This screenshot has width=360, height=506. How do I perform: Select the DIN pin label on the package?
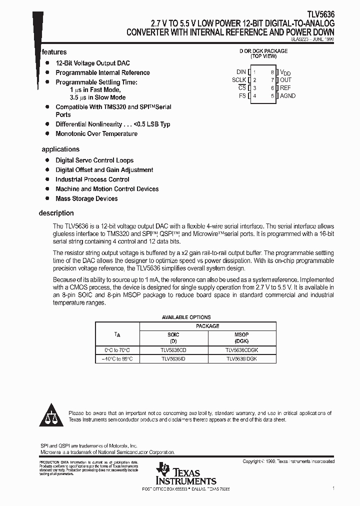(x=241, y=72)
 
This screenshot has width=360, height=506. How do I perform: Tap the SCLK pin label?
(x=239, y=80)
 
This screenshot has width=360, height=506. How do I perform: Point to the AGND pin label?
(x=287, y=95)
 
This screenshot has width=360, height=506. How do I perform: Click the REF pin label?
(x=285, y=87)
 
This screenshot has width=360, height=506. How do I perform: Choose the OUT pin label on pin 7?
(x=285, y=80)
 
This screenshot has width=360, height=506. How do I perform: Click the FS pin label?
(x=242, y=95)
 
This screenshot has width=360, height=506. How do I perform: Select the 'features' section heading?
(x=54, y=52)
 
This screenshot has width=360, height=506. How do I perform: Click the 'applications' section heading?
(x=60, y=149)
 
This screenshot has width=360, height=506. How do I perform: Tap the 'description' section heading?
(x=56, y=213)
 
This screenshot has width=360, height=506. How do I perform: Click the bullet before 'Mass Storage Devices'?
(x=47, y=198)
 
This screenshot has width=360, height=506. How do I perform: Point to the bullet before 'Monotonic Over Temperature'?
(x=47, y=133)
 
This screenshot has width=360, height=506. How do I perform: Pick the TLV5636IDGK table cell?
(x=242, y=359)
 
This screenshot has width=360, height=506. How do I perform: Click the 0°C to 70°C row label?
(x=117, y=350)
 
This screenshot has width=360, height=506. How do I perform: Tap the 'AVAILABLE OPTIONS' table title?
(x=186, y=317)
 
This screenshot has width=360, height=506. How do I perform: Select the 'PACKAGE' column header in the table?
(x=207, y=326)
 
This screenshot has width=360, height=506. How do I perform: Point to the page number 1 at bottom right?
(x=333, y=487)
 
